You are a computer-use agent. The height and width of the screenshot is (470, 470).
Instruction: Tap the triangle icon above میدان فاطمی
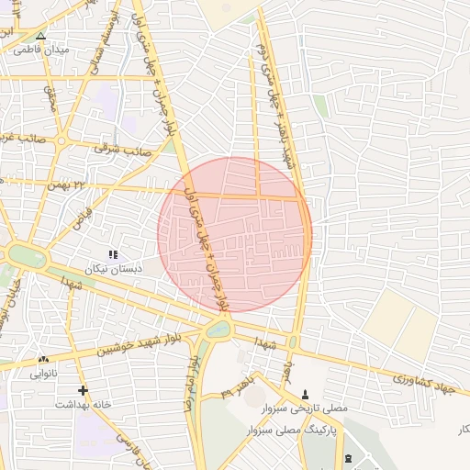(x=39, y=36)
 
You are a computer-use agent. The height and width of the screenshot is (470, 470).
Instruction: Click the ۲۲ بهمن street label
(x=91, y=185)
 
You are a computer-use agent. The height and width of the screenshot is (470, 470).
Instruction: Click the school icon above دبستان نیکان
(x=113, y=254)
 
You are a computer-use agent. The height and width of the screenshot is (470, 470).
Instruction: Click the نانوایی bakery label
(x=43, y=374)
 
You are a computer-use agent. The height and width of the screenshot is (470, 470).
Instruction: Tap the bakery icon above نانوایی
(x=43, y=359)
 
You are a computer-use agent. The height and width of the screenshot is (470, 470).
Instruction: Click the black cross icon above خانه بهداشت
(x=83, y=390)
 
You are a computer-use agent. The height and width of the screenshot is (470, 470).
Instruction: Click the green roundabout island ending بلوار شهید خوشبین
(x=218, y=329)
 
